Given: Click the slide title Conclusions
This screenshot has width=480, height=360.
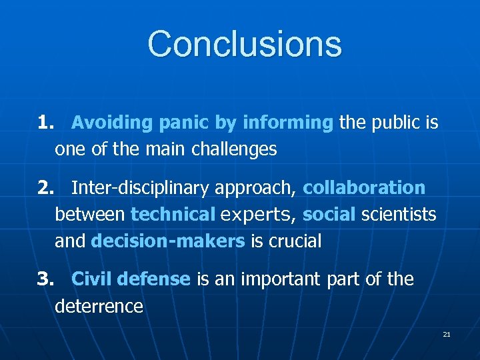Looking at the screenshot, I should (245, 44).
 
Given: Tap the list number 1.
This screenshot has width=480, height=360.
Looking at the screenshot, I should (46, 123).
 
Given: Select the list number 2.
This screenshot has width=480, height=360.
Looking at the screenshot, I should (46, 188).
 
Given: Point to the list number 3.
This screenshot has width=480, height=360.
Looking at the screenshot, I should (46, 279).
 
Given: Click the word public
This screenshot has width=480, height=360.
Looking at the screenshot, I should (399, 123).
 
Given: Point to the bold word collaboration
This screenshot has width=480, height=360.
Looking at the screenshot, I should (364, 188).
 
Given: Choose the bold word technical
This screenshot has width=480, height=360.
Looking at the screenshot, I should (173, 215).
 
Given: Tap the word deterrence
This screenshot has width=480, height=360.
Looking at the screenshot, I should (99, 307).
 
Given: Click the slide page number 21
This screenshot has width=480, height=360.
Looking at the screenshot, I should (447, 334).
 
